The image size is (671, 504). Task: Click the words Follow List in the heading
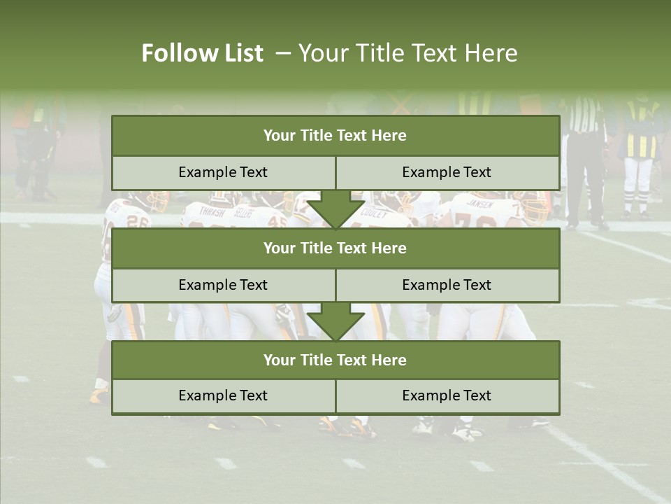point(202,53)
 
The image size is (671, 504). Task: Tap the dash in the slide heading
point(283,53)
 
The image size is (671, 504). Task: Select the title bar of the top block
point(335,136)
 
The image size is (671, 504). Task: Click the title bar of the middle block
point(335,248)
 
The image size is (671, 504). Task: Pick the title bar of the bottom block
point(335,360)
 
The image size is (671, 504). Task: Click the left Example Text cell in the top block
point(223,172)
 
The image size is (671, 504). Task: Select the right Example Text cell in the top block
point(447,172)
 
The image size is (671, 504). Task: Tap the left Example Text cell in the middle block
point(223,285)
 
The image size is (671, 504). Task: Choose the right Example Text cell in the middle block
point(447,285)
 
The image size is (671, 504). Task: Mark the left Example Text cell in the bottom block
point(223,395)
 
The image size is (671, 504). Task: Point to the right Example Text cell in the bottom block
point(447,395)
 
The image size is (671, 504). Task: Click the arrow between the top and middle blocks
point(335,209)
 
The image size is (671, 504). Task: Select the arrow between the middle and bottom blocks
point(335,322)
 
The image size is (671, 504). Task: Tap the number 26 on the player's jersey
point(138,221)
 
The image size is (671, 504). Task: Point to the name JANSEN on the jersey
point(479,204)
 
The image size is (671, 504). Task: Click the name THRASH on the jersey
point(212,211)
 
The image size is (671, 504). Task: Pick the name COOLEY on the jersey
point(375,214)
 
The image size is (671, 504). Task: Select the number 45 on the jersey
point(277,221)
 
